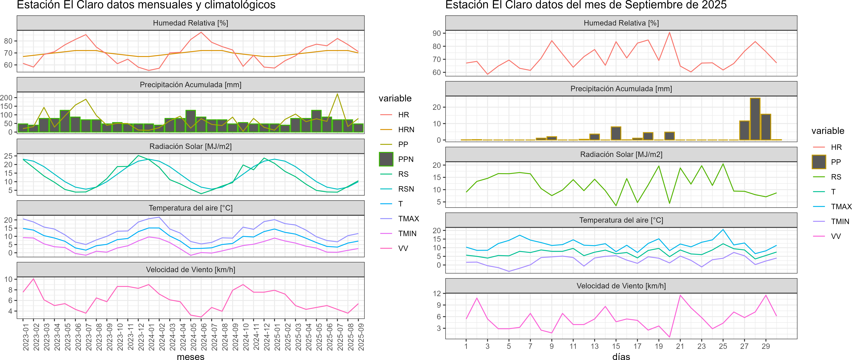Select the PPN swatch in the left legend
(x=386, y=159)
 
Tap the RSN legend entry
(x=406, y=189)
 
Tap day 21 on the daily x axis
(x=680, y=346)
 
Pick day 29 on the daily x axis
(x=766, y=346)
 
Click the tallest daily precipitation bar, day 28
(x=755, y=119)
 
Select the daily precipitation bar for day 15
(x=616, y=133)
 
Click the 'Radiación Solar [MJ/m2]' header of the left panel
(x=190, y=146)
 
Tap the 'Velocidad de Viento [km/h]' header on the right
(x=621, y=286)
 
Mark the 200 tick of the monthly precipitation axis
(x=6, y=98)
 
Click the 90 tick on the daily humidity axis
(x=437, y=33)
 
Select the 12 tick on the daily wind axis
(x=437, y=294)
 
